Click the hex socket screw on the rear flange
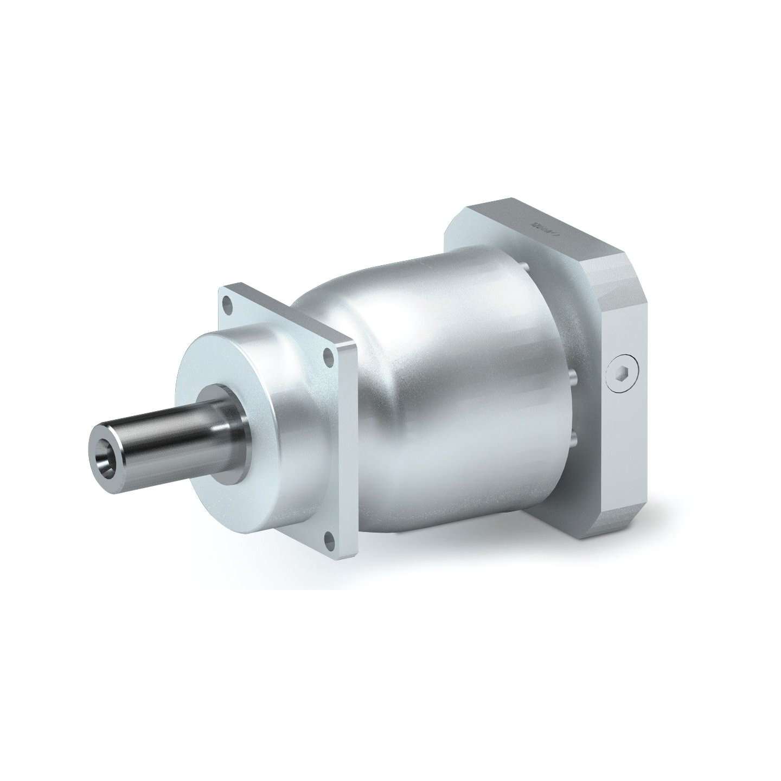point(622,374)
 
